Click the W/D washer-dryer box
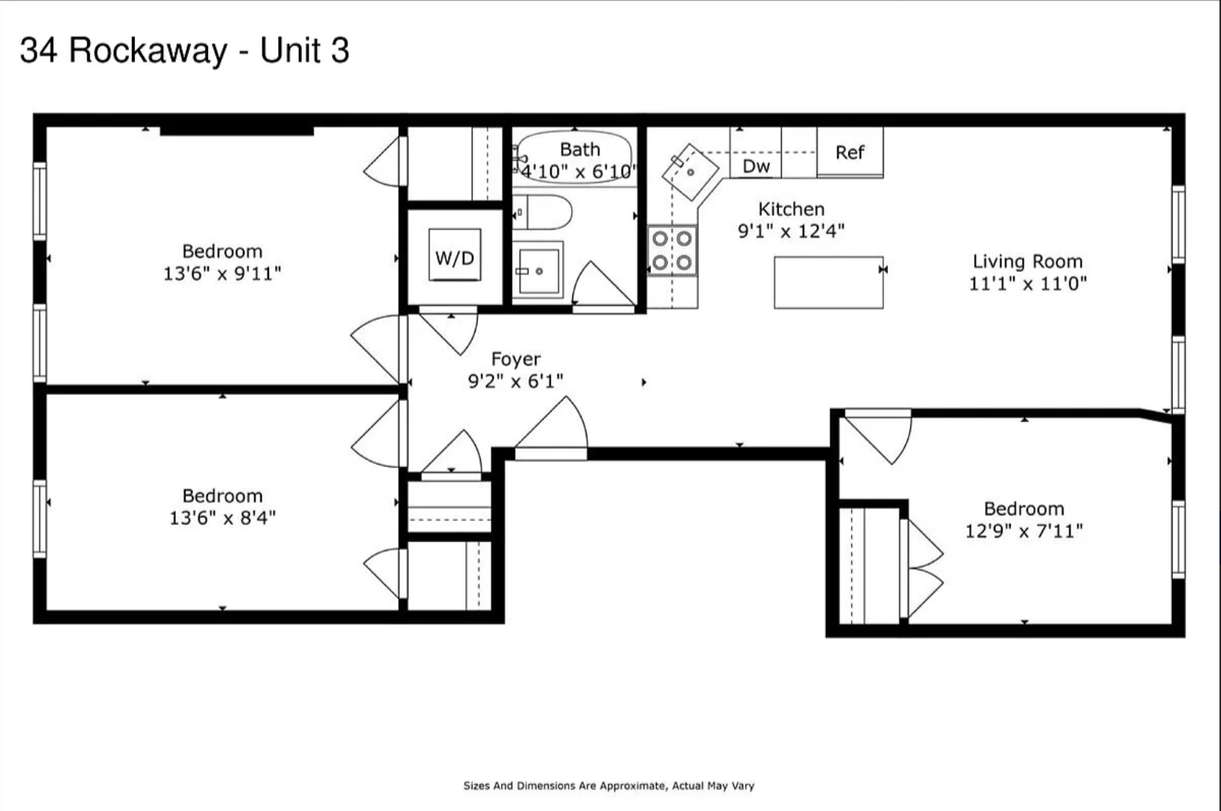(455, 255)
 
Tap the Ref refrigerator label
(850, 153)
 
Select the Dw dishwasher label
(756, 166)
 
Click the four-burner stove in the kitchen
(672, 251)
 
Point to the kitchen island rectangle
(828, 282)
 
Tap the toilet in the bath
(543, 212)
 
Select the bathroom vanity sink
(537, 270)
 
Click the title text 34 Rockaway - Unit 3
(184, 51)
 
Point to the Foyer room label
(516, 359)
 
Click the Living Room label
(1027, 261)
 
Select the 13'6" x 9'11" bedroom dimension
(222, 273)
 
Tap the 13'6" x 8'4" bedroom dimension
(222, 518)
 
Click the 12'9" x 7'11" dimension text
(1023, 531)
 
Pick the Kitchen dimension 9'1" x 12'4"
(791, 231)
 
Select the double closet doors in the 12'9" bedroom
(923, 570)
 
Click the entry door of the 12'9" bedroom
(880, 436)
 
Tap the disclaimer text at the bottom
(608, 786)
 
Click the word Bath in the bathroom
(580, 150)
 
